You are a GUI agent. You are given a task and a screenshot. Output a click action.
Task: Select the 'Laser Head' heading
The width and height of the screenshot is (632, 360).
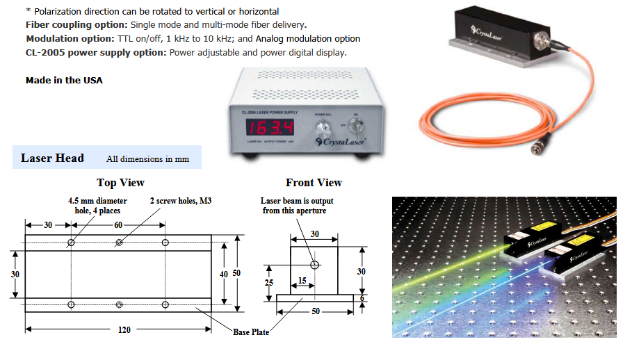(x=52, y=158)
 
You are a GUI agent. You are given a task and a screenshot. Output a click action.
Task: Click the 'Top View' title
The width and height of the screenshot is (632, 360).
(x=120, y=182)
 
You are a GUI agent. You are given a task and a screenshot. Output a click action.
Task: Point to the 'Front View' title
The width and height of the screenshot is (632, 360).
(x=314, y=182)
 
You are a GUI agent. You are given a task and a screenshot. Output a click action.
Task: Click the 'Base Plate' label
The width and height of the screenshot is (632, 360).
(x=251, y=332)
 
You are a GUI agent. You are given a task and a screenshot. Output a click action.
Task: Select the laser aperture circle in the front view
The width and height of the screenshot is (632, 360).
(x=314, y=265)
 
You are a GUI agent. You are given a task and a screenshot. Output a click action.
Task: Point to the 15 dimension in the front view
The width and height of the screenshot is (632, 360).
(x=302, y=279)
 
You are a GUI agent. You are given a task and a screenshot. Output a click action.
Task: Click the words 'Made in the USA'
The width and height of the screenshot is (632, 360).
(x=64, y=80)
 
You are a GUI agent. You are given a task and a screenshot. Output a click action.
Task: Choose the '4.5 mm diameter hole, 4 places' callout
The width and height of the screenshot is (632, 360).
(x=88, y=206)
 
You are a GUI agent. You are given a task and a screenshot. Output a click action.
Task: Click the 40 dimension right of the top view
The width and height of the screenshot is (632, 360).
(x=223, y=274)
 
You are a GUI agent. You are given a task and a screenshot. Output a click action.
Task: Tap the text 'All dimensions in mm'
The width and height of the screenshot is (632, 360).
(x=147, y=159)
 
